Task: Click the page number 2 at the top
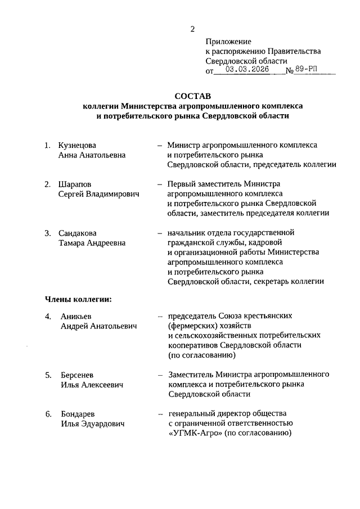192,29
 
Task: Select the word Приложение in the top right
228,42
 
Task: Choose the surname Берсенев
78,375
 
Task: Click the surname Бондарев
78,414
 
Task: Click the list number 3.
48,233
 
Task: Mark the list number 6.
48,414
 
